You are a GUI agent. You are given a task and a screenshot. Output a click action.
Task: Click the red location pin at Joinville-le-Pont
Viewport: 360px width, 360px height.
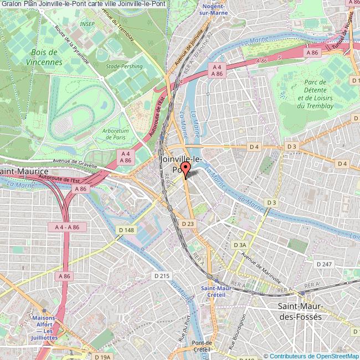click(185, 171)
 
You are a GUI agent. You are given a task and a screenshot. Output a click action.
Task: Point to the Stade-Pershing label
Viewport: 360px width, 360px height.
click(125, 66)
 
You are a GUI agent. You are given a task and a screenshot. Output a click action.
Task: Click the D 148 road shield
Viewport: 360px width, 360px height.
click(126, 230)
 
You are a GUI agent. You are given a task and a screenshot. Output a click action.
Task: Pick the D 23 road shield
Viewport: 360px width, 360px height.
click(188, 223)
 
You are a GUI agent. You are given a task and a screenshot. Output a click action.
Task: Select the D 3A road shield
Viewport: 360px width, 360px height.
click(239, 244)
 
